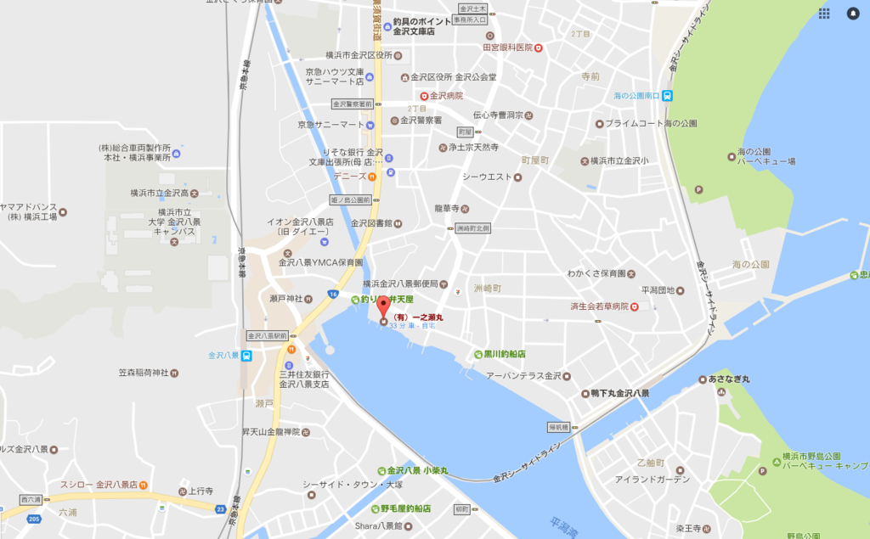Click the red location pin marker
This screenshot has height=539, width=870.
coord(383,306)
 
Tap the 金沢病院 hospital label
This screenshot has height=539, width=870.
coord(445,96)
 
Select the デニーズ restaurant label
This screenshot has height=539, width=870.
coord(350,176)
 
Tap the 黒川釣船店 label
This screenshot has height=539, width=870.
coord(504,353)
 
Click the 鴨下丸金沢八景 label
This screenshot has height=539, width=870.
coord(620,394)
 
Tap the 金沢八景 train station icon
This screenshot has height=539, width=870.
coord(246,356)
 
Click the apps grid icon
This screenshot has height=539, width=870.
coord(824,14)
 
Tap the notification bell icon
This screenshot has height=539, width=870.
coord(852,14)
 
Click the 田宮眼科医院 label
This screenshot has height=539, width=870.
coord(508,48)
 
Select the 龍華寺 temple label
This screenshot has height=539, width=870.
coord(447,208)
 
